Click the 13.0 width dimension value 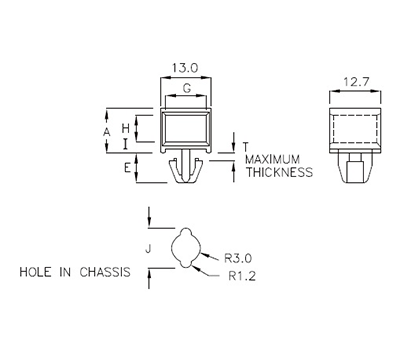(x=184, y=68)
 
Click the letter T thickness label (x=245, y=143)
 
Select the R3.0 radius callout (x=240, y=255)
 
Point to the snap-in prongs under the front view (x=184, y=169)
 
